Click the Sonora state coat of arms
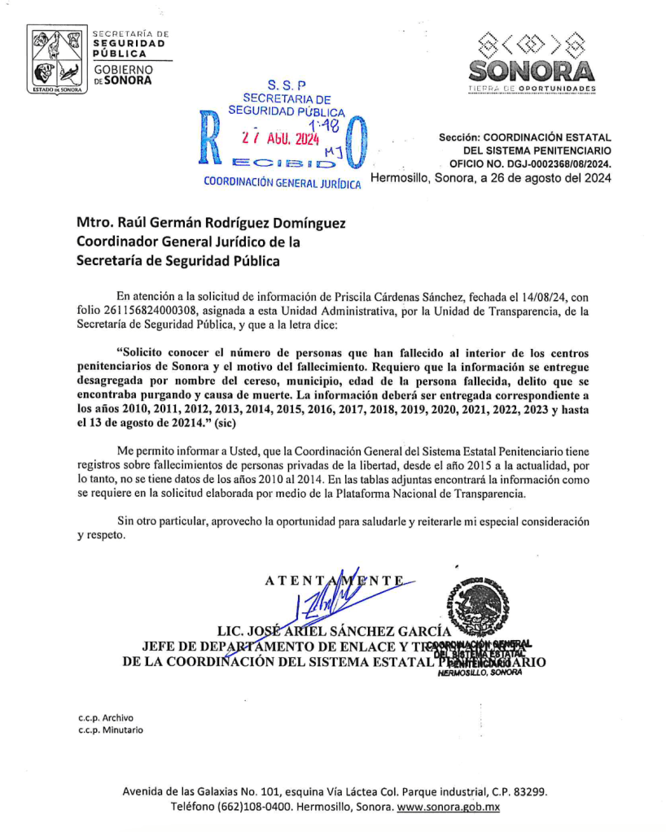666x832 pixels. (57, 61)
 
